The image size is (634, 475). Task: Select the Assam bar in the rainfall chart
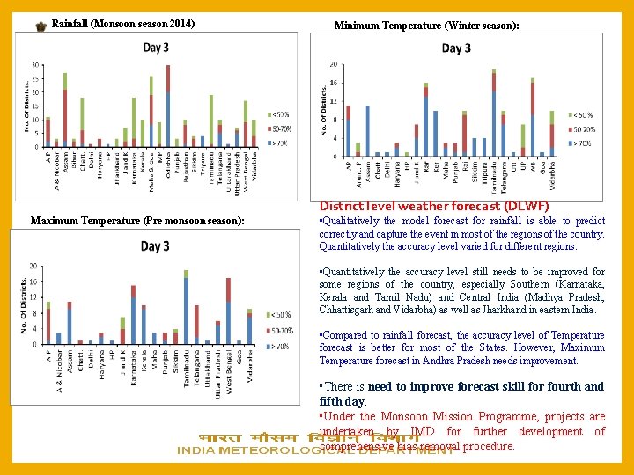click(65, 110)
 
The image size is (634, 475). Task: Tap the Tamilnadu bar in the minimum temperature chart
click(494, 114)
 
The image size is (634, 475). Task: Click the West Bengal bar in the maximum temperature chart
click(228, 311)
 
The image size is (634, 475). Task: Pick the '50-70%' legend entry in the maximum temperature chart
click(284, 330)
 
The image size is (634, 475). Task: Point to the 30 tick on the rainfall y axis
click(34, 65)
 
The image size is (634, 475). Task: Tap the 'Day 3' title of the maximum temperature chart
click(156, 245)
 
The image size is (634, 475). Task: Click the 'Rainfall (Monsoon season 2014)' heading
click(123, 23)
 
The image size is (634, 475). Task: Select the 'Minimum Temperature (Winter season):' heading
click(426, 26)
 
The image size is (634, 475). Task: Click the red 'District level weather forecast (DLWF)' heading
click(434, 206)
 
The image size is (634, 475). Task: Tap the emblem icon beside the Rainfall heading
click(41, 27)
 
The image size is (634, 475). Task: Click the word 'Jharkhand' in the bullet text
click(546, 310)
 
